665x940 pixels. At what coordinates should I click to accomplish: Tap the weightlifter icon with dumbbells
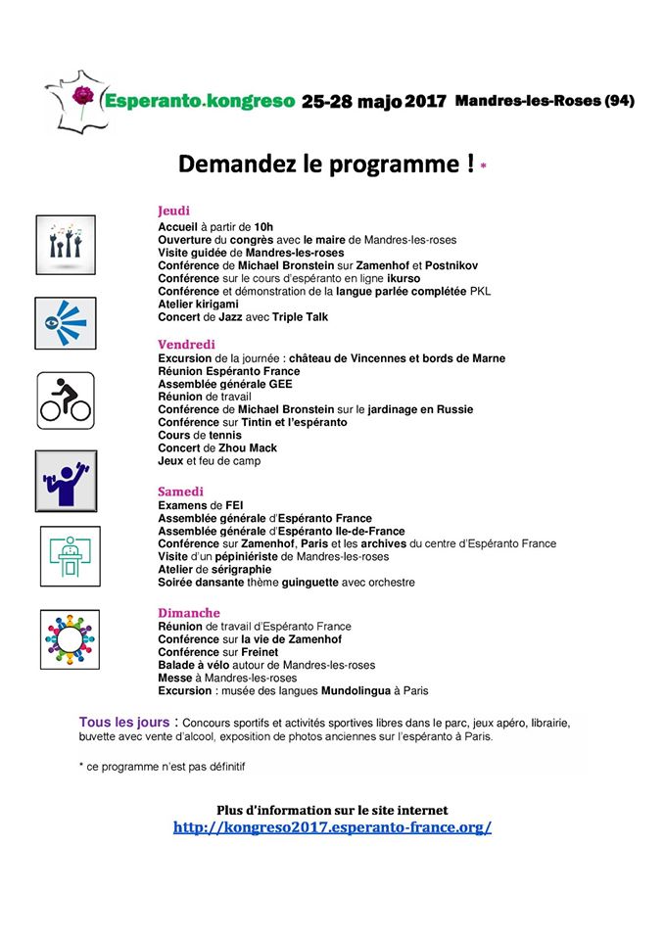(65, 481)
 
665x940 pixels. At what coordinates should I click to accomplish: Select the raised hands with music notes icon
(65, 244)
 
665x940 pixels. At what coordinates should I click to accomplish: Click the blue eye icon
(65, 322)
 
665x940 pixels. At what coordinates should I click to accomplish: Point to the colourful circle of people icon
(70, 637)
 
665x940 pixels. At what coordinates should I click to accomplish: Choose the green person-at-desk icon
(69, 557)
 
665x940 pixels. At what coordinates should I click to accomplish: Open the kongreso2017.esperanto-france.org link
(332, 827)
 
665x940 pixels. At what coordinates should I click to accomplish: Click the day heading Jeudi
(173, 211)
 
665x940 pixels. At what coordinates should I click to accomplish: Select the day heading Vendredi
(187, 344)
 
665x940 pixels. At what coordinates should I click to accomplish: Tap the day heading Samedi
(181, 491)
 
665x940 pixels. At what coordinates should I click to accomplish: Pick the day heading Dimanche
(189, 613)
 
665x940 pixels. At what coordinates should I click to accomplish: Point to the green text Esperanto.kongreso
(199, 101)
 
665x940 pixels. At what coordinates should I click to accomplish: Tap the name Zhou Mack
(251, 448)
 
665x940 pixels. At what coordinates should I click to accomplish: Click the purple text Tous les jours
(122, 722)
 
